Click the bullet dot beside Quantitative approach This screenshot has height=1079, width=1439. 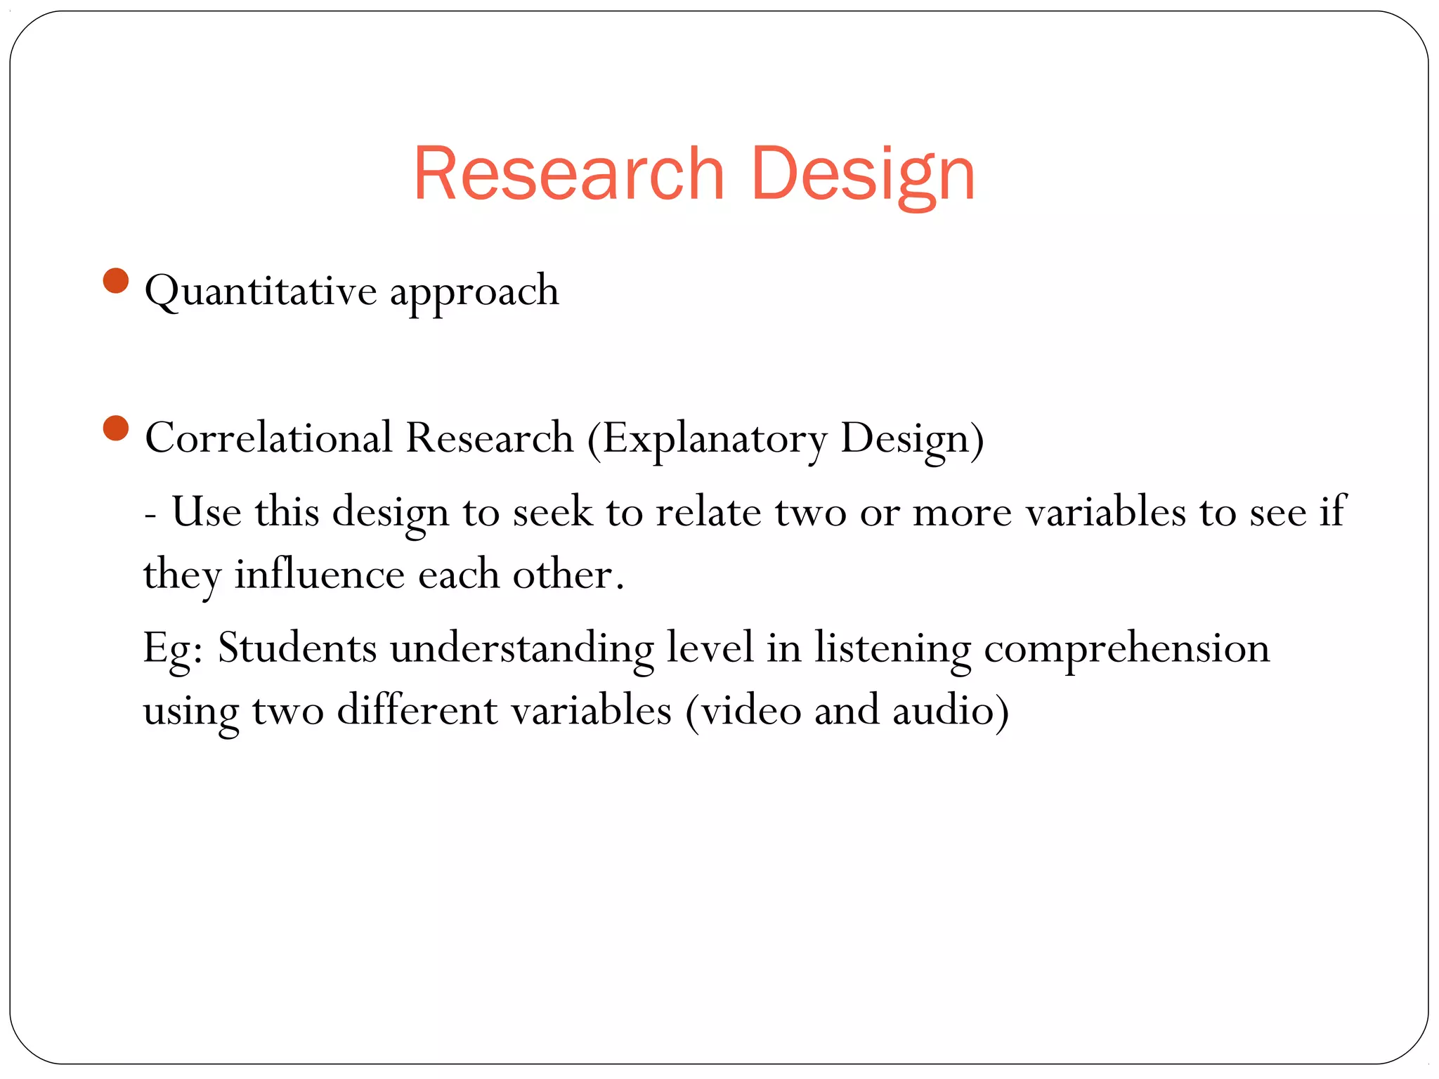point(116,281)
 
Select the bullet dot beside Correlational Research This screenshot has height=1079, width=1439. point(116,428)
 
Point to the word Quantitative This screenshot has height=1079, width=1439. point(261,291)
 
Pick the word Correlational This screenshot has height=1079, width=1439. point(268,438)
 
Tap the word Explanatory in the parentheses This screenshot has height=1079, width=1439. point(715,439)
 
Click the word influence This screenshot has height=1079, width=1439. point(320,575)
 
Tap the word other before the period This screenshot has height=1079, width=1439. point(563,575)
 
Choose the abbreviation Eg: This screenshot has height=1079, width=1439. point(173,648)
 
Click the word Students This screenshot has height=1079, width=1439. point(297,647)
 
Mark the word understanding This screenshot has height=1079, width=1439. point(522,648)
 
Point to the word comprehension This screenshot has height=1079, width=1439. point(1126,648)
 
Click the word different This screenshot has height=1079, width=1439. point(417,710)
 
